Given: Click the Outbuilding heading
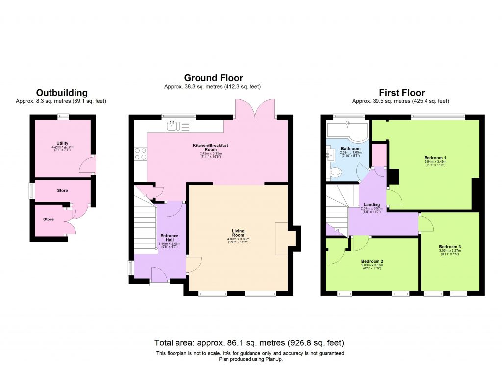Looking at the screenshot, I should click(62, 93).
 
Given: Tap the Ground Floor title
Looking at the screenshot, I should click(213, 78).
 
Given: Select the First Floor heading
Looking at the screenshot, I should click(402, 93).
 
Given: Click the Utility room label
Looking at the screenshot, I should click(62, 143).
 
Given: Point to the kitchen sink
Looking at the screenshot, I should click(172, 126).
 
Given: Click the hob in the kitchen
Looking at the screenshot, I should click(140, 153).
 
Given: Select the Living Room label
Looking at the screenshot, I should click(238, 233).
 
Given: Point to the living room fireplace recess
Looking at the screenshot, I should click(284, 239).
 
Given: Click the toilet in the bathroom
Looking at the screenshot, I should click(336, 172).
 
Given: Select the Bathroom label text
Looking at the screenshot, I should click(351, 148).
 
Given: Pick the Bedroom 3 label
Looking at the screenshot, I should click(450, 246).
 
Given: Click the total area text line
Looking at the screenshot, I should click(250, 342).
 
